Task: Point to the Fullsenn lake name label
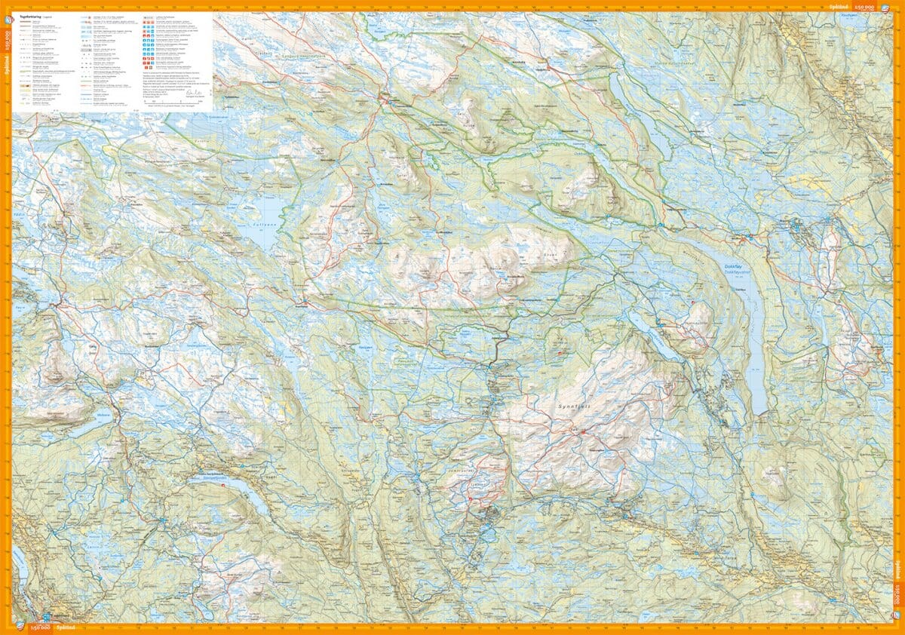point(262,224)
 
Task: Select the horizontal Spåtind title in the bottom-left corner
point(61,628)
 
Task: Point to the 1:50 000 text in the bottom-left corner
point(38,628)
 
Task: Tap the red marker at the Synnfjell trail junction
point(582,431)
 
